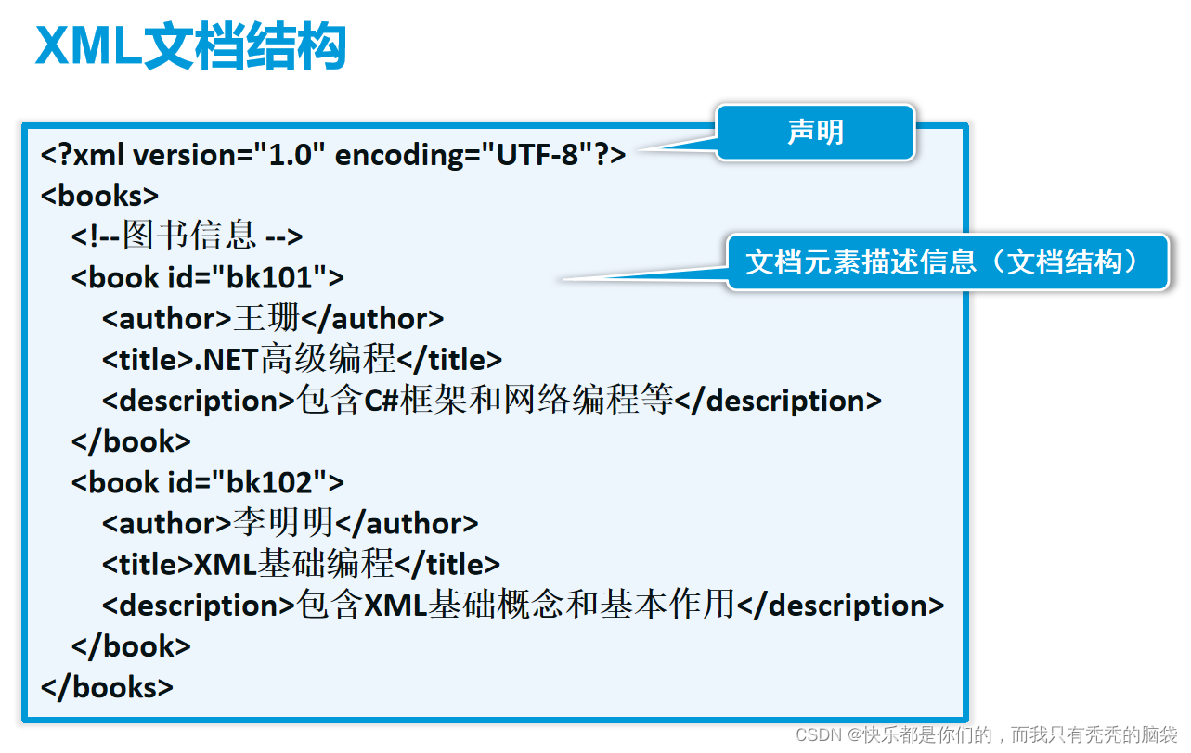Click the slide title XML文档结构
[190, 46]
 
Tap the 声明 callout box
[815, 132]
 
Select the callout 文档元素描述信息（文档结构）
[946, 262]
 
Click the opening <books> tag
[99, 196]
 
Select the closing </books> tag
[107, 687]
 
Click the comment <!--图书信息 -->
[187, 236]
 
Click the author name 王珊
[265, 318]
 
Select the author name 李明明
[282, 523]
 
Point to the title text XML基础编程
[294, 564]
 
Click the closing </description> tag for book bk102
[840, 606]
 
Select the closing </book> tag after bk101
[131, 441]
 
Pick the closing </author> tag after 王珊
[372, 318]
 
